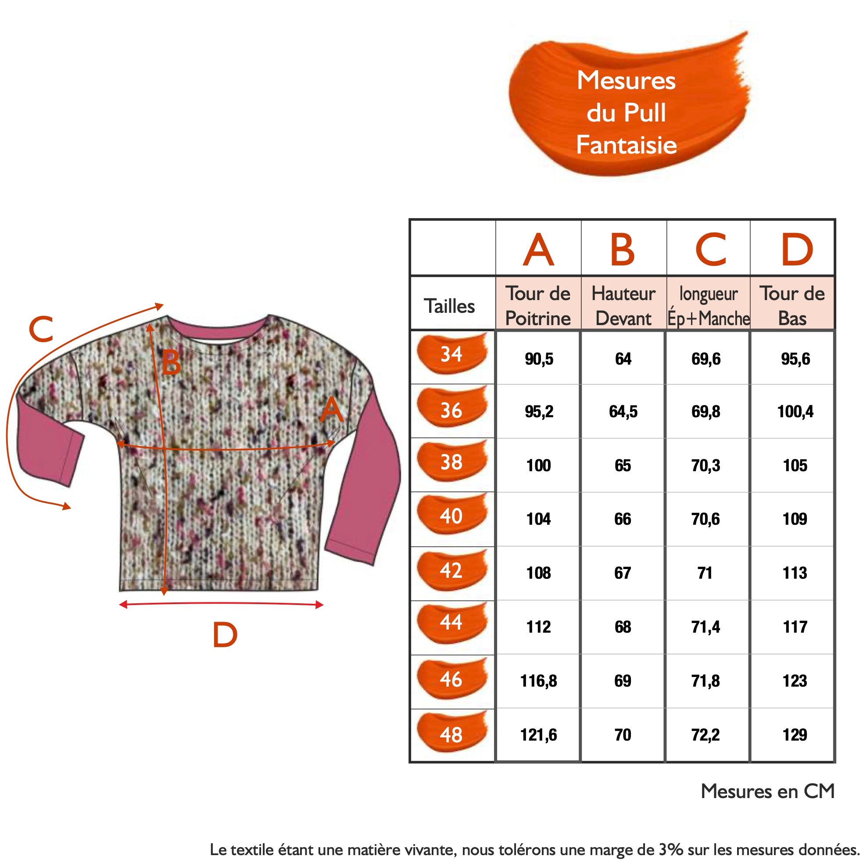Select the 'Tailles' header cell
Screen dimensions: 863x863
[449, 306]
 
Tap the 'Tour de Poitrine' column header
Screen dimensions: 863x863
[538, 305]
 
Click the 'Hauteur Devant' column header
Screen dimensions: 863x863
[623, 305]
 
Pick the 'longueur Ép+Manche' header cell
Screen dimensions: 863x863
[708, 305]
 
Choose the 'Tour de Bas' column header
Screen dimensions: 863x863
[792, 305]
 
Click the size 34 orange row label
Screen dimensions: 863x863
[451, 354]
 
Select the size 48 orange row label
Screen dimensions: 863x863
[451, 735]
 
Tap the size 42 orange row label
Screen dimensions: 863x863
[451, 570]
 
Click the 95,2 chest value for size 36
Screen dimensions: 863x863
[539, 412]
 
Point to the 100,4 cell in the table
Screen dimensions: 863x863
[795, 412]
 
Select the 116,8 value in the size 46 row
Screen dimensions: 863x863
[538, 681]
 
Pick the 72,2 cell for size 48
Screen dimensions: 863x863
[705, 735]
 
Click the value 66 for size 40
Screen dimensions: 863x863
[623, 519]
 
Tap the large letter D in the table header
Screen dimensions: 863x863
[796, 249]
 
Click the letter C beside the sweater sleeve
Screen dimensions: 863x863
[41, 329]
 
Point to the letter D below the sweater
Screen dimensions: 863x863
[225, 635]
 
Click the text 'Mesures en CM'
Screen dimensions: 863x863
[767, 791]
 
